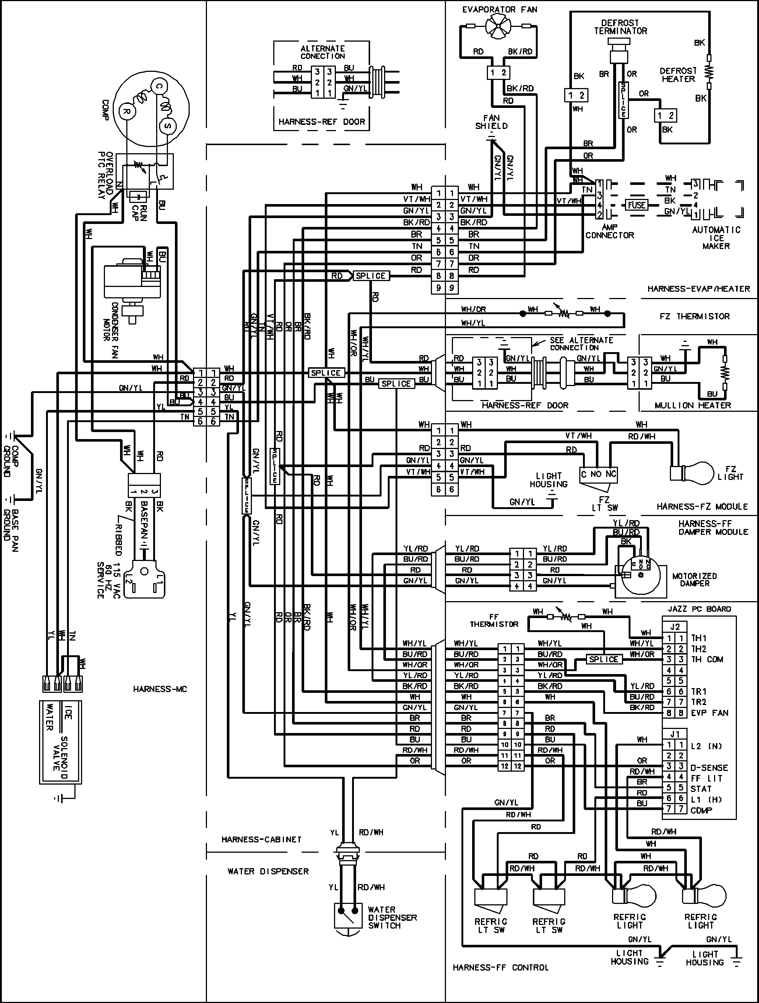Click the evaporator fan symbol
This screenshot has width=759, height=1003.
(x=498, y=28)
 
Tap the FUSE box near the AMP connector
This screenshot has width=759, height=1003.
(x=637, y=205)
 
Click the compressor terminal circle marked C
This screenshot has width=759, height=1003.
(x=159, y=87)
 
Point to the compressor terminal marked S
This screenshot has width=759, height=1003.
(x=167, y=126)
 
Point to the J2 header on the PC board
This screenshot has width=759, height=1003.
(x=675, y=627)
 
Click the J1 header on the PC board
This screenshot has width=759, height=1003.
(x=675, y=734)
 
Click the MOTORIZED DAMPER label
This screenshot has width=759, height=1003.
(x=694, y=579)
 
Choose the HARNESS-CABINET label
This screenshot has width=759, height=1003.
(x=261, y=839)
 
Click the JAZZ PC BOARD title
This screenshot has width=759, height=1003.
(x=699, y=609)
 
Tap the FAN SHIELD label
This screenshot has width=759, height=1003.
(x=491, y=122)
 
